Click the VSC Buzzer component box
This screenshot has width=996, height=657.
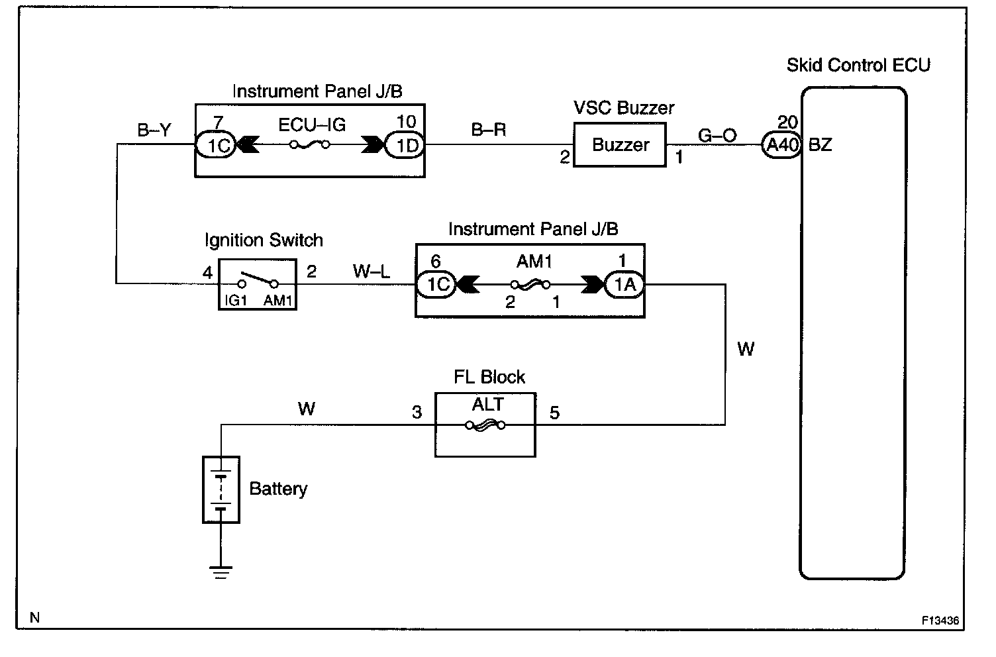(x=620, y=145)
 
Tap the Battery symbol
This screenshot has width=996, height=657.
(x=221, y=489)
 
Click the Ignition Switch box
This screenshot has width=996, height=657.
(x=258, y=284)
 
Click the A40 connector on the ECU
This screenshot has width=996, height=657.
(x=781, y=144)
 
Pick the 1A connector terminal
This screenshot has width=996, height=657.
(x=624, y=285)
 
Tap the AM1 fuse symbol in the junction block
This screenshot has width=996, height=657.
(x=530, y=285)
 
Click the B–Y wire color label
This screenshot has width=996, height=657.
(x=154, y=130)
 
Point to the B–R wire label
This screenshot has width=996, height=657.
(x=489, y=130)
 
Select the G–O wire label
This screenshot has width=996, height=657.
(x=717, y=136)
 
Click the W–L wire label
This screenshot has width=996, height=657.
(x=372, y=270)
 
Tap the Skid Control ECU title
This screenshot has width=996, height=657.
(x=858, y=65)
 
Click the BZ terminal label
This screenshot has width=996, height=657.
(x=821, y=144)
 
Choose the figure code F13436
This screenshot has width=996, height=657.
(x=940, y=621)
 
